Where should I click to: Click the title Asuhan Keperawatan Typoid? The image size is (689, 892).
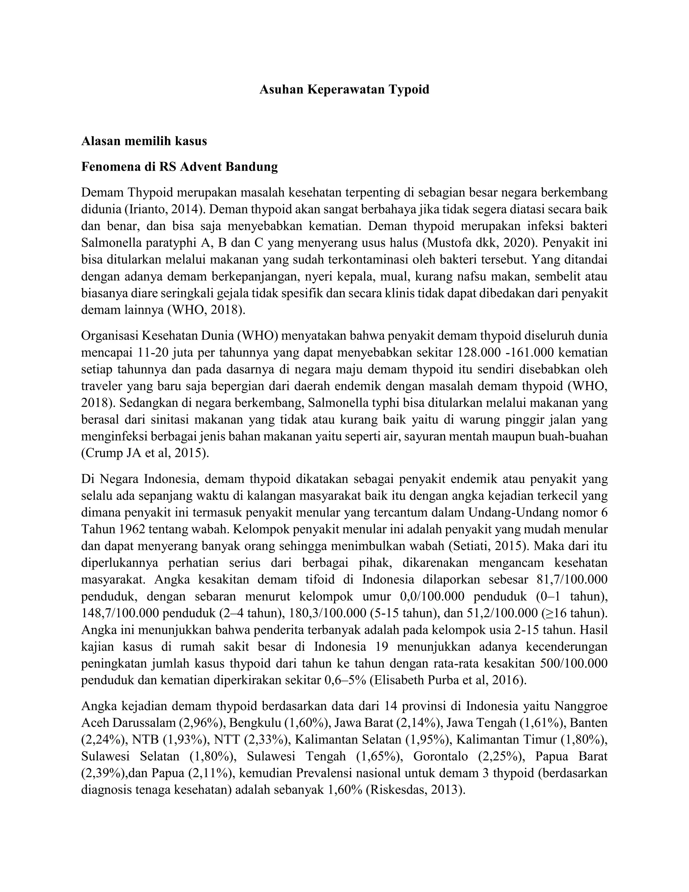(344, 89)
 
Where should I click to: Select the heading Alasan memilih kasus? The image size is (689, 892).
(144, 141)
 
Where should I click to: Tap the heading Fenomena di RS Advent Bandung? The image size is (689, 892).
(180, 167)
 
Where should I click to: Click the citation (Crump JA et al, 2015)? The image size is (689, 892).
(145, 453)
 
